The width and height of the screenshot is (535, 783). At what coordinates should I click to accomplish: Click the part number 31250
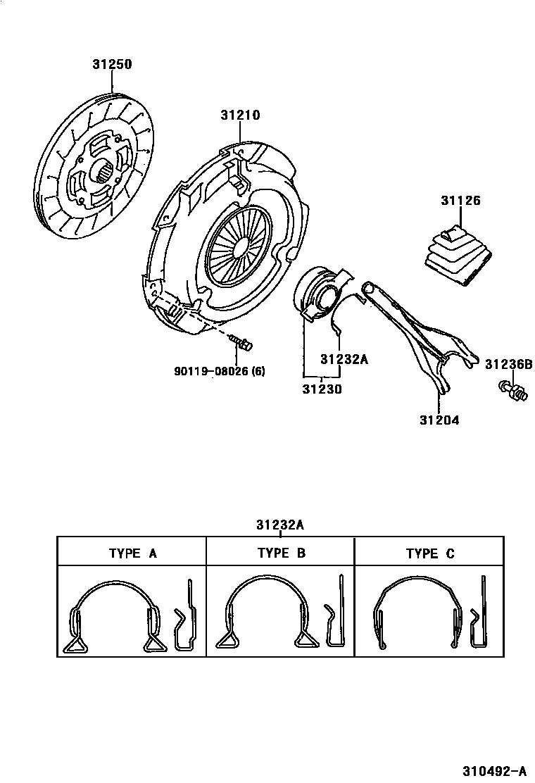click(112, 65)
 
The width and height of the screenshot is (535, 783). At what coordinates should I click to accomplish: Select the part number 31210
click(240, 115)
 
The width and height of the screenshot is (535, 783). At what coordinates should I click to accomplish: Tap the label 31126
click(460, 201)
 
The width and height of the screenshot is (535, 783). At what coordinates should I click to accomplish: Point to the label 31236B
click(508, 364)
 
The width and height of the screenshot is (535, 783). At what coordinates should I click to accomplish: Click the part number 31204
click(439, 420)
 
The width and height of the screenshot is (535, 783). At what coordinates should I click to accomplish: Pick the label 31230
click(322, 388)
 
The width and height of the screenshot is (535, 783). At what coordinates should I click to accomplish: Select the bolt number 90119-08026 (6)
click(220, 371)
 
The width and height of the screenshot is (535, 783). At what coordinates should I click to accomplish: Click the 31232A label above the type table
click(280, 525)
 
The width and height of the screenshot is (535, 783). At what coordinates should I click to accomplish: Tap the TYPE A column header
click(132, 553)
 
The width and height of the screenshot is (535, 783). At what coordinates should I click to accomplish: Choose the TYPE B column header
click(281, 553)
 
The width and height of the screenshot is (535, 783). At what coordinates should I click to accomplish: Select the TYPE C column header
click(429, 553)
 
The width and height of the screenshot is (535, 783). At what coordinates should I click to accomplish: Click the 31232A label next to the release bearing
click(344, 359)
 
